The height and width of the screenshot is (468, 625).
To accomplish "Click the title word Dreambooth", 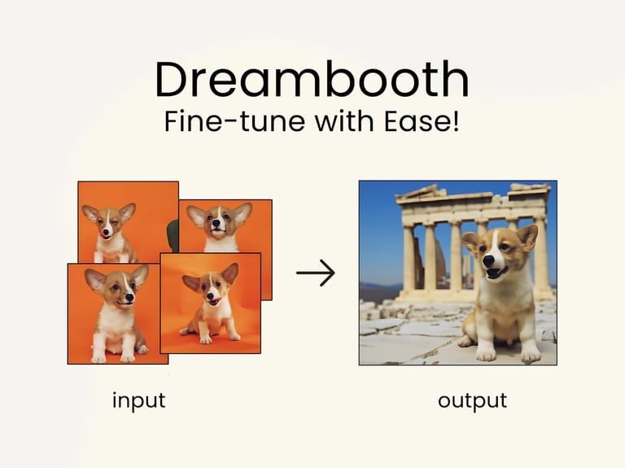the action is pos(312,79).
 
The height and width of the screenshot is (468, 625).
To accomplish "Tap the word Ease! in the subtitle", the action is pos(422,121).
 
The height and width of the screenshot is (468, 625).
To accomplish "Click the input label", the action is pos(138,401).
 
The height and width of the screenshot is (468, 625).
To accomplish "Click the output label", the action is pos(472,400).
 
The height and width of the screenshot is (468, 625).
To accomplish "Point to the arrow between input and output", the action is pos(315,273).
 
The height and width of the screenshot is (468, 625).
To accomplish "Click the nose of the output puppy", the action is pos(488,260).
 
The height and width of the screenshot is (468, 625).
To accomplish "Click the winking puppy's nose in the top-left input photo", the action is pos(106,232).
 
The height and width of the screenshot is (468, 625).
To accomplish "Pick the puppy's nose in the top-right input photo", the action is pos(215,223).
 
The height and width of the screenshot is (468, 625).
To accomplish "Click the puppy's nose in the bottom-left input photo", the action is pos(129,297).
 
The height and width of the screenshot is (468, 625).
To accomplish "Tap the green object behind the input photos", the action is pos(173,236).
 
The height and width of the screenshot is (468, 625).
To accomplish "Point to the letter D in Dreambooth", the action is pos(173,79).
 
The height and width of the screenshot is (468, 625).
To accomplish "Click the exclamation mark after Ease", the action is pos(456,120).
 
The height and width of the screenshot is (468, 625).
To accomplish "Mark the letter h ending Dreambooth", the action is pos(457,78).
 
